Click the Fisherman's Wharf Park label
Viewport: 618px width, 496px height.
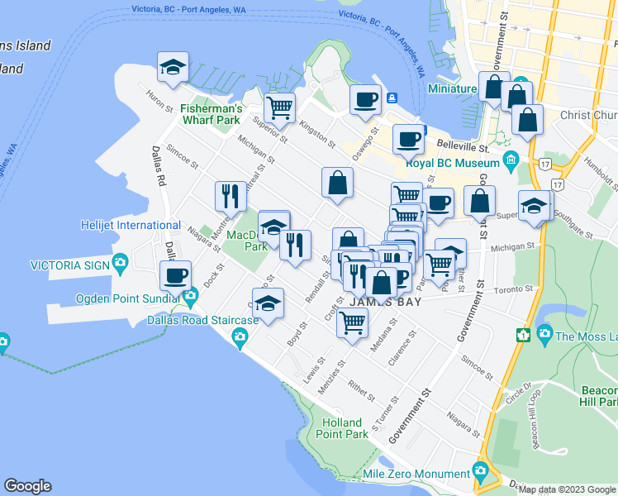(x=211, y=114)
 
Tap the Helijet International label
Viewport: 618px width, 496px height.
(x=131, y=225)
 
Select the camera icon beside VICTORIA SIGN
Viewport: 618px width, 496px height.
(x=121, y=265)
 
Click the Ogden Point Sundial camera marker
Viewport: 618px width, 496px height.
(x=191, y=296)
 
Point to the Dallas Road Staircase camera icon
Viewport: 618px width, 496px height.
(x=240, y=336)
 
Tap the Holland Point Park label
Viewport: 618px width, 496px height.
(x=344, y=427)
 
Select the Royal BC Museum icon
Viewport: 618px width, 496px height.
(x=510, y=157)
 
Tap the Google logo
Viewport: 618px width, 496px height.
(x=27, y=486)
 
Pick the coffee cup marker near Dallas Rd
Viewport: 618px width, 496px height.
(x=175, y=275)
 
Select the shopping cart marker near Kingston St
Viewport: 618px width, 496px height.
(x=280, y=107)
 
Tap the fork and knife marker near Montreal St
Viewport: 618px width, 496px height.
(x=230, y=196)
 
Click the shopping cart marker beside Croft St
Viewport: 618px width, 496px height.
(x=352, y=323)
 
